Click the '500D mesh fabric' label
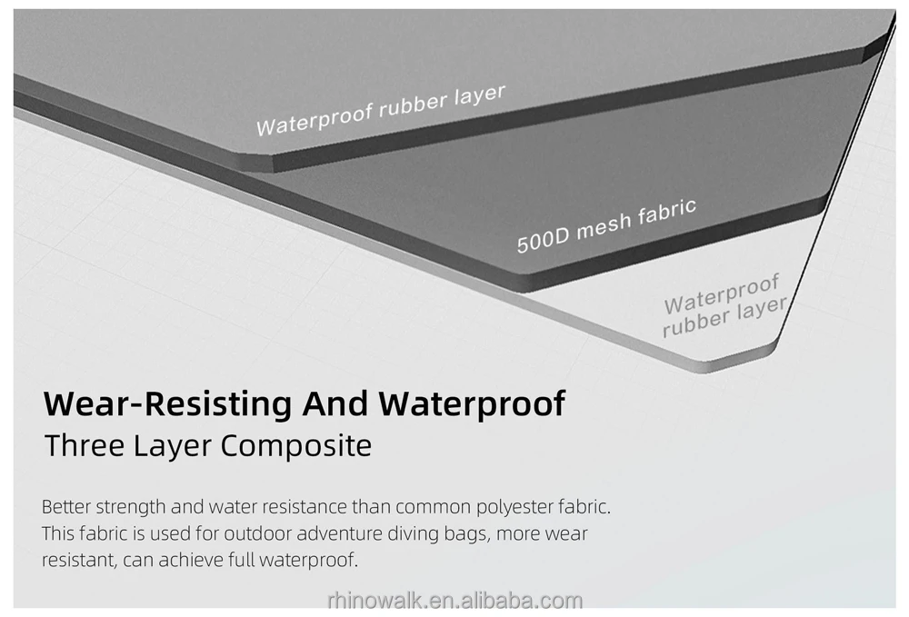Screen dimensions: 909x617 pos(606,225)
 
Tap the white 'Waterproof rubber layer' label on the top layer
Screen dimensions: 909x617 pos(380,110)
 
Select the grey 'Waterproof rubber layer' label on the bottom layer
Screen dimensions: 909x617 pos(724,305)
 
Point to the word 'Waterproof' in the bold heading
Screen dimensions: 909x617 pos(472,403)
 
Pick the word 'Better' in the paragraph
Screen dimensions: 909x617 pos(65,507)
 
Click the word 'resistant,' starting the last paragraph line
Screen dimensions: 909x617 pos(77,560)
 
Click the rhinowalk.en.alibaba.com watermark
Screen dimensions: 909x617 pos(454,601)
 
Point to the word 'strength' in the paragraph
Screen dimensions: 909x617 pos(129,507)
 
